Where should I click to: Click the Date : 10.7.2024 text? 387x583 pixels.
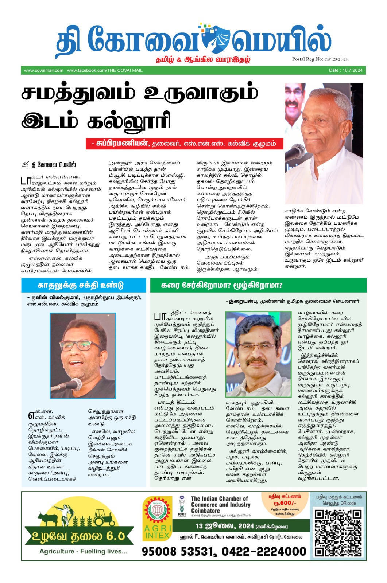345,70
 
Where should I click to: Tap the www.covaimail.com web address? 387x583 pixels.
43,70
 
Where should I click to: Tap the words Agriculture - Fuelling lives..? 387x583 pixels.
83,551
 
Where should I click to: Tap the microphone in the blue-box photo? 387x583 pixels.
72,384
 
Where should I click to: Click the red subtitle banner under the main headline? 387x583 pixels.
186,144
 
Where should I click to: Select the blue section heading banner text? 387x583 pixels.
81,285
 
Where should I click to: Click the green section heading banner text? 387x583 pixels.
222,285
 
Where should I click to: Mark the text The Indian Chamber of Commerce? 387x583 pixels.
220,502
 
